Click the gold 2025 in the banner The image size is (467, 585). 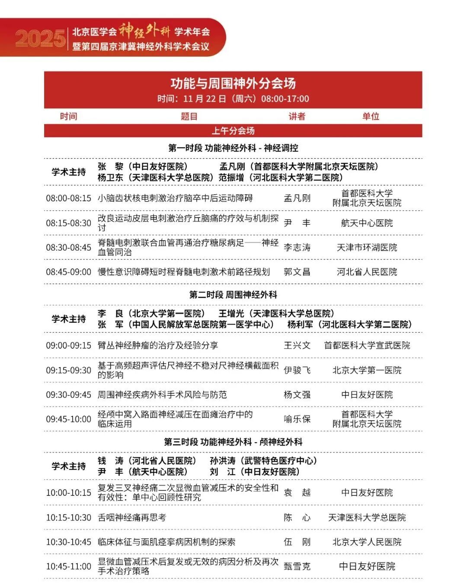[x=40, y=39]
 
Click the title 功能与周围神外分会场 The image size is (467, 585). [x=233, y=83]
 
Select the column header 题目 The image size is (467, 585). [x=189, y=116]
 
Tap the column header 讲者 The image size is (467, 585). [x=297, y=116]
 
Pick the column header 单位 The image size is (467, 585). [x=371, y=116]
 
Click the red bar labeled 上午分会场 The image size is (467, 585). [x=233, y=131]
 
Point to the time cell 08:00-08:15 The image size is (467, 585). [x=69, y=198]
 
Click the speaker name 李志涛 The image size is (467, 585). [x=297, y=247]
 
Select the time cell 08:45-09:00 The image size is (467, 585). [x=69, y=272]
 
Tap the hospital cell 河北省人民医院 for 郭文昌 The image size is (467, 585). [x=367, y=272]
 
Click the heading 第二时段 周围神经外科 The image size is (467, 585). [x=233, y=295]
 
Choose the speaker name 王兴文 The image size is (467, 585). [x=297, y=345]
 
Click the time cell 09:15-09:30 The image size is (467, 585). [x=69, y=370]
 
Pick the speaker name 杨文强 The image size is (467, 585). [x=297, y=395]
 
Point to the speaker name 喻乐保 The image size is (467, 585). [x=297, y=419]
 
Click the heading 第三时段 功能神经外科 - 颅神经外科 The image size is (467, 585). [x=233, y=442]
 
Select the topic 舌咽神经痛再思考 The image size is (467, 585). [x=132, y=517]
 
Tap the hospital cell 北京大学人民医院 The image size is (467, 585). [x=367, y=542]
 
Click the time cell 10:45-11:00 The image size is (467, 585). [x=69, y=566]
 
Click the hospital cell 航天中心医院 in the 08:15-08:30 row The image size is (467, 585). [x=367, y=223]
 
